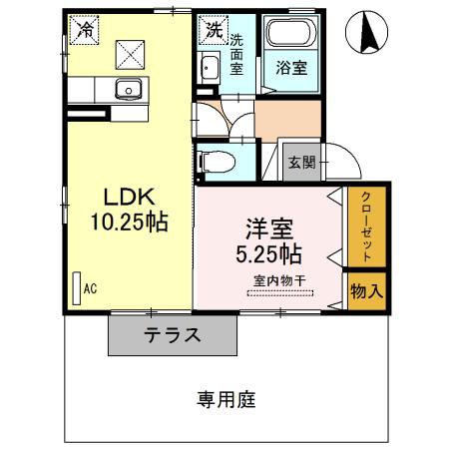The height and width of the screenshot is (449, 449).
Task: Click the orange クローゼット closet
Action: click(x=365, y=228)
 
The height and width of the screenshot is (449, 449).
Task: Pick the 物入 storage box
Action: click(x=365, y=291)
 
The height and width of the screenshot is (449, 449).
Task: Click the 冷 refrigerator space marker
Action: click(x=86, y=29)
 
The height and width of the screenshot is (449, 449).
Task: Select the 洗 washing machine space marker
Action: click(x=213, y=30)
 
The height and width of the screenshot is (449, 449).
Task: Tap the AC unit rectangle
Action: click(x=76, y=288)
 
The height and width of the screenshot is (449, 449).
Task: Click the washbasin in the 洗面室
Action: click(x=210, y=70)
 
